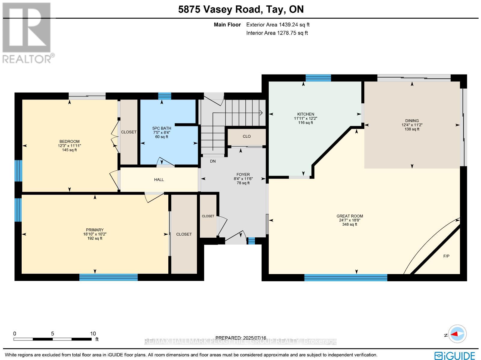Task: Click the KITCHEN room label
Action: tap(305, 114)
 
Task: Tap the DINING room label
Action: tap(412, 121)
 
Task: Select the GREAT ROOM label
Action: tap(350, 216)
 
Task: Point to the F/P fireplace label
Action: tap(446, 256)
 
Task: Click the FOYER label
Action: tap(243, 175)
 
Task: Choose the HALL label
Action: tap(159, 180)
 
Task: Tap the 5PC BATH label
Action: tap(162, 128)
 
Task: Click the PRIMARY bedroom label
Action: tap(95, 230)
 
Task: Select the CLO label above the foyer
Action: tap(247, 136)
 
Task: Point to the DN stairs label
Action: tap(213, 161)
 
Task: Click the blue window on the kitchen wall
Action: tap(318, 78)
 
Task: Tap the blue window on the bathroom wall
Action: tap(164, 96)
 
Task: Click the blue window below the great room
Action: tap(346, 277)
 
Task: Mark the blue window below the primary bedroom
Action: tap(109, 277)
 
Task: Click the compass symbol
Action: tap(457, 334)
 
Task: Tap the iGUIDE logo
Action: tap(455, 355)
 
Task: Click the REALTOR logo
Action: tap(28, 33)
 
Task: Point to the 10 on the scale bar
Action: tap(93, 334)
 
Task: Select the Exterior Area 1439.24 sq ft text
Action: tap(278, 25)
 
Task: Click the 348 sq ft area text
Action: tap(350, 224)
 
